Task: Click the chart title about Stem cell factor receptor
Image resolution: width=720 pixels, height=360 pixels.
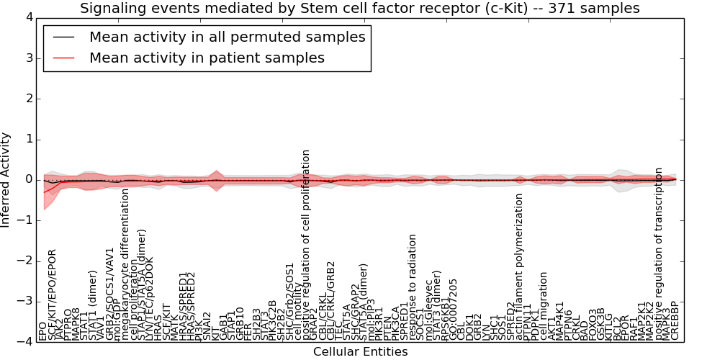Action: pyautogui.click(x=359, y=9)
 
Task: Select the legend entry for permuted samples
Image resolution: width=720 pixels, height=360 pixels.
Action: pyautogui.click(x=227, y=37)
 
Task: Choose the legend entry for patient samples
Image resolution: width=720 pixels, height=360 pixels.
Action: pyautogui.click(x=207, y=58)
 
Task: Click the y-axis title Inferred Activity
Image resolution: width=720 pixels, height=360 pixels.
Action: pyautogui.click(x=6, y=180)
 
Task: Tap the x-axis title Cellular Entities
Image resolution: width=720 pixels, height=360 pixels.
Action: pyautogui.click(x=360, y=352)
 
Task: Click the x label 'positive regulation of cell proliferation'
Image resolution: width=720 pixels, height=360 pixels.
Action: pyautogui.click(x=306, y=245)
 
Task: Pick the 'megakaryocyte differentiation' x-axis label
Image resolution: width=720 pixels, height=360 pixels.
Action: pyautogui.click(x=125, y=264)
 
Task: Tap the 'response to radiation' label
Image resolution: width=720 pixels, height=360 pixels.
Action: pyautogui.click(x=413, y=287)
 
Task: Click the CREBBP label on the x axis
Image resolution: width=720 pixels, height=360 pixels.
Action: pyautogui.click(x=675, y=320)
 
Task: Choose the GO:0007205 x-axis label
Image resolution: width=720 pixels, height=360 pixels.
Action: pyautogui.click(x=453, y=309)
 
